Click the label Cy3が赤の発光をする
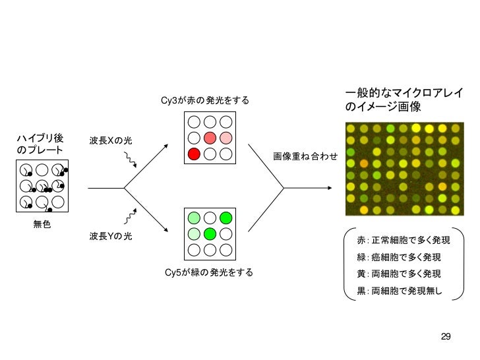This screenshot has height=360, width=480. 205,100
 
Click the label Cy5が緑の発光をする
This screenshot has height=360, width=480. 208,272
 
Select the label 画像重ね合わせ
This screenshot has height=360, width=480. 305,156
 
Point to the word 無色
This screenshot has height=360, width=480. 42,225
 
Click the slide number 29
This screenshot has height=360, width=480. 446,337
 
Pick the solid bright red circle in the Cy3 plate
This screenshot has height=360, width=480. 194,154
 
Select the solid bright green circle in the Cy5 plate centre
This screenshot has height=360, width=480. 210,233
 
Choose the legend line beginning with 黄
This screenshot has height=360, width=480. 398,274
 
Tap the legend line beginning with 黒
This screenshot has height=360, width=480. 398,291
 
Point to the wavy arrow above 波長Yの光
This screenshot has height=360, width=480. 131,216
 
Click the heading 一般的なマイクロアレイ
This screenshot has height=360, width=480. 404,92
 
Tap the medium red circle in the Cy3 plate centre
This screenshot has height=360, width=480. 210,138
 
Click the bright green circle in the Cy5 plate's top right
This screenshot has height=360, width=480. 226,218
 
